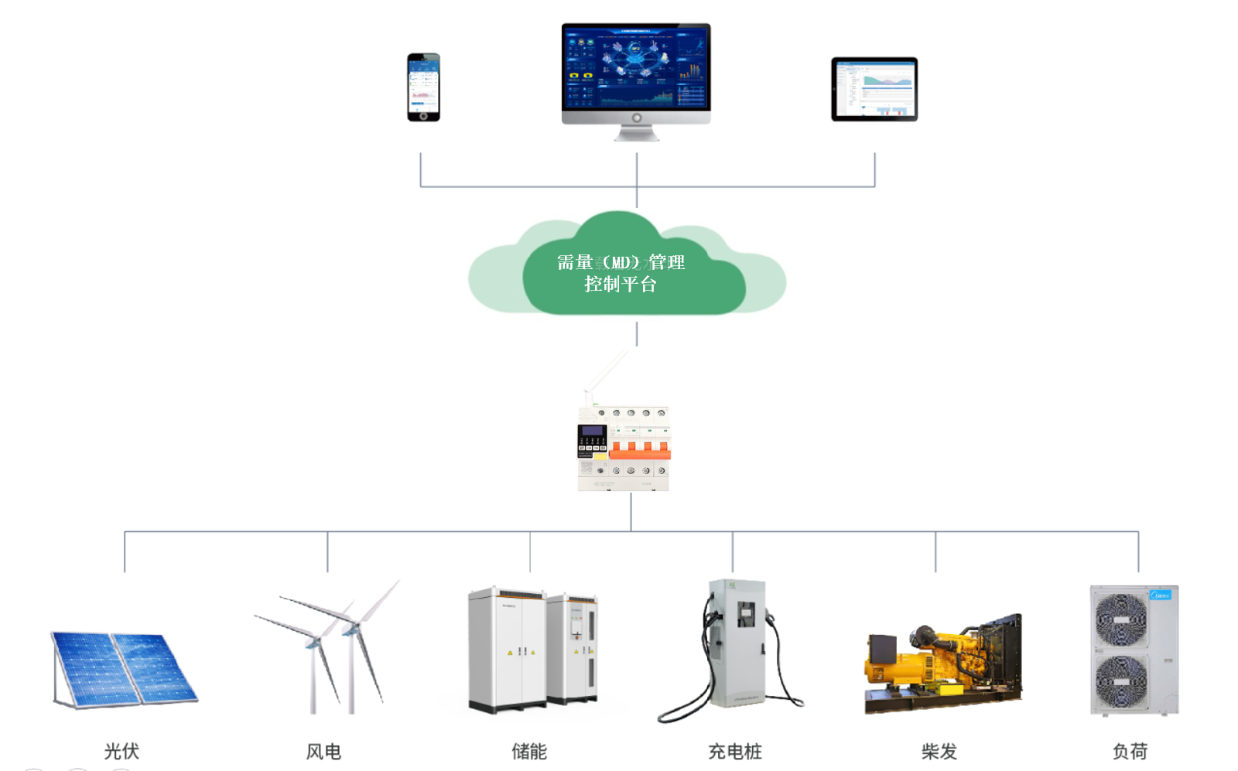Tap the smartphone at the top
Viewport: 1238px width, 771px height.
point(423,86)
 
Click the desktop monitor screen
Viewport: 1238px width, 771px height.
point(635,67)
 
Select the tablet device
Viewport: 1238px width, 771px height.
point(874,89)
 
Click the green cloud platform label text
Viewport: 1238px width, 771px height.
point(621,273)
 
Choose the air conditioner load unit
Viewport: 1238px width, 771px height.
point(1134,650)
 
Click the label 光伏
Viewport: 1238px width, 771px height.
point(121,751)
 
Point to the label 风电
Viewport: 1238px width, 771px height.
point(323,751)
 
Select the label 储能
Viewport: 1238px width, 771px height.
point(529,751)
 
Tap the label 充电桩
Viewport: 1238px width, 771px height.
point(735,751)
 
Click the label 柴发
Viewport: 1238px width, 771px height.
point(939,751)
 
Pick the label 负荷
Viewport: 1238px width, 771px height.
point(1130,751)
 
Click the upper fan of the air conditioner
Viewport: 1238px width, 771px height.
point(1120,619)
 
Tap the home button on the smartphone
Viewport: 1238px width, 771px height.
point(423,116)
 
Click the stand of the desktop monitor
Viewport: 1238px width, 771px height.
point(636,133)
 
